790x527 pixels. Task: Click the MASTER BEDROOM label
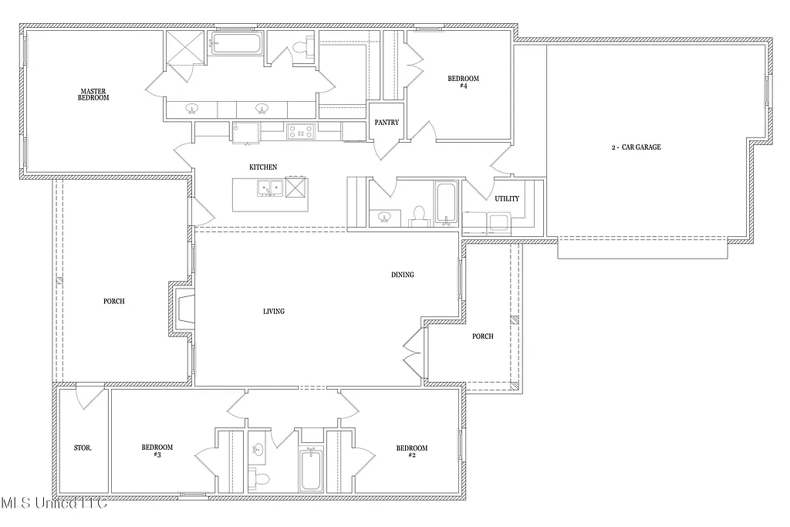[93, 94]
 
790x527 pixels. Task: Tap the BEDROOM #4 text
[463, 82]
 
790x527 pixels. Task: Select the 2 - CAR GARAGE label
[636, 147]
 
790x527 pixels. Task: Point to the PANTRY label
[386, 122]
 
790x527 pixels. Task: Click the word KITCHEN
[262, 167]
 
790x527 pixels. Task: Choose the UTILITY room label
[507, 198]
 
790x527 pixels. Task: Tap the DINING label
[402, 274]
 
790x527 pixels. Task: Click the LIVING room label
[273, 311]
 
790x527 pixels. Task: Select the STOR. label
[83, 448]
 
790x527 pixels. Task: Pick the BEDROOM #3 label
[157, 451]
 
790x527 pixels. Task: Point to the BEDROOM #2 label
[411, 451]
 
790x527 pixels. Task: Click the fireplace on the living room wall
[184, 309]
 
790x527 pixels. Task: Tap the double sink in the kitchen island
[269, 187]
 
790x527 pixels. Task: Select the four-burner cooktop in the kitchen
[300, 131]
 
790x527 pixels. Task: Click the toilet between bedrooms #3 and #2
[262, 478]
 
